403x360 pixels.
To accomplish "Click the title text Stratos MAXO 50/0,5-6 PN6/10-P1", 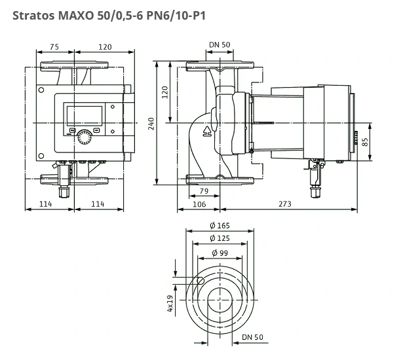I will [108, 14].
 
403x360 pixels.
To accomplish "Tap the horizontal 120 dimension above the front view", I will [104, 47].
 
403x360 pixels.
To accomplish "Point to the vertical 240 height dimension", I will [151, 124].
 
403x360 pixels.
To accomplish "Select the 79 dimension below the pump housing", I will [203, 191].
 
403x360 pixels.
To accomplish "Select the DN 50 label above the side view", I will [220, 45].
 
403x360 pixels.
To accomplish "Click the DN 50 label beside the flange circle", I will [252, 337].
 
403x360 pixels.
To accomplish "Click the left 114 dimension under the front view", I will [45, 204].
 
